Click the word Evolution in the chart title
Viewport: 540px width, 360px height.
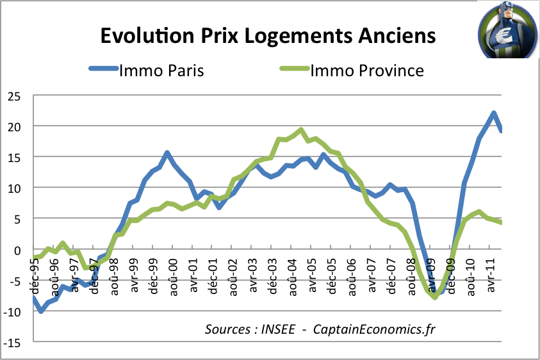tap(147, 35)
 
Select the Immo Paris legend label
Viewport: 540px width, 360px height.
tap(161, 70)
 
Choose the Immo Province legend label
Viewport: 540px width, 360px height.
tap(367, 70)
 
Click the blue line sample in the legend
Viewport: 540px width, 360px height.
tap(104, 68)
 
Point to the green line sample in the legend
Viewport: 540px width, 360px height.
tap(295, 68)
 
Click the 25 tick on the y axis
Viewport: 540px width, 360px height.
tap(14, 97)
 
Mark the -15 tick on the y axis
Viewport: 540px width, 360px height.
tap(12, 343)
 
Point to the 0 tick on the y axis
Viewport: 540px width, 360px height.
tap(17, 251)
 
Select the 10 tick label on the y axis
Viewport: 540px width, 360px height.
tap(14, 189)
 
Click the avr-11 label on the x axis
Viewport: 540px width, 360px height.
tap(491, 275)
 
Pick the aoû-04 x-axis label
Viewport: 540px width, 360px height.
tap(292, 277)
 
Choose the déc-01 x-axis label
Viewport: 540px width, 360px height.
tap(213, 275)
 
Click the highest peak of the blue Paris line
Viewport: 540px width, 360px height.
tap(493, 113)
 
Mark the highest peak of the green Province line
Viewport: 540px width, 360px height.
tap(301, 130)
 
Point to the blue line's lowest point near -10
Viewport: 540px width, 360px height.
tap(41, 311)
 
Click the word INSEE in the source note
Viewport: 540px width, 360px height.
tap(278, 329)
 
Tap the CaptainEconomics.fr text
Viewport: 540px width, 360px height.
tap(374, 330)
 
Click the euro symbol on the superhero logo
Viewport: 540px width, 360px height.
tap(503, 35)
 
